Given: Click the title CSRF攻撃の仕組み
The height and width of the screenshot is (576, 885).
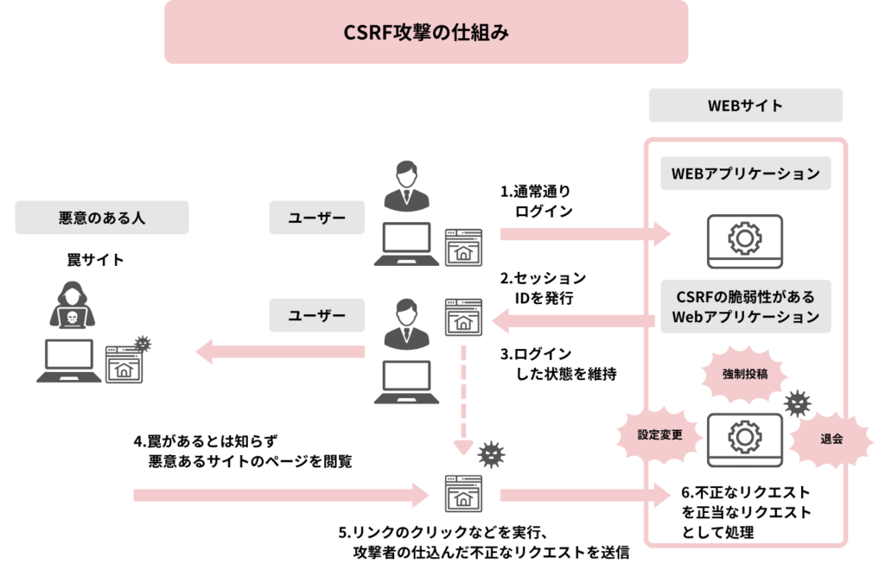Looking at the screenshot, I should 425,33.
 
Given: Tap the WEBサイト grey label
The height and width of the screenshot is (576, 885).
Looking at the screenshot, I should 745,106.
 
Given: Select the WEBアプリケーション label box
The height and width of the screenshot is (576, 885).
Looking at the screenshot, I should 745,173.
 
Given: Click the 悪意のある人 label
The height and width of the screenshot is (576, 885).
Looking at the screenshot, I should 102,218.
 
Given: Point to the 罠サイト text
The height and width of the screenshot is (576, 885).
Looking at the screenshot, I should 95,259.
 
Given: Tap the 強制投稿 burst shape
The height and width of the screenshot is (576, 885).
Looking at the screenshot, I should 745,374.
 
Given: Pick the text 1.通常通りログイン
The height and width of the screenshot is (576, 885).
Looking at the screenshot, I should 538,200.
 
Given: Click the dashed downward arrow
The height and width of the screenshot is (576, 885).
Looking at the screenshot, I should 464,397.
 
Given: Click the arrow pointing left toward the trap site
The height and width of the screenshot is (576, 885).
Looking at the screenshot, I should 285,351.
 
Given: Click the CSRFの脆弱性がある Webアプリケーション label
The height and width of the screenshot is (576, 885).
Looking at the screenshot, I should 745,306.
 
